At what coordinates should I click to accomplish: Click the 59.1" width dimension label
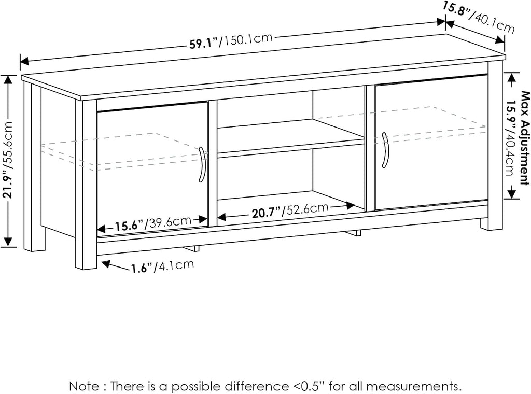pos(231,40)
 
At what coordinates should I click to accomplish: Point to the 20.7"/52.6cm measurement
pos(290,210)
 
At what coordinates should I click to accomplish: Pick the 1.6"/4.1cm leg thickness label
pos(162,266)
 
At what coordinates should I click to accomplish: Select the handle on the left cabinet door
pos(202,165)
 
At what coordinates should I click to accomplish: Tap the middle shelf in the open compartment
pos(290,138)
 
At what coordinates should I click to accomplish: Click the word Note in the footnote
pos(84,386)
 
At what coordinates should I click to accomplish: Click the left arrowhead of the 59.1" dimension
pos(24,61)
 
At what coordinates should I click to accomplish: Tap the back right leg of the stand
pos(484,224)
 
